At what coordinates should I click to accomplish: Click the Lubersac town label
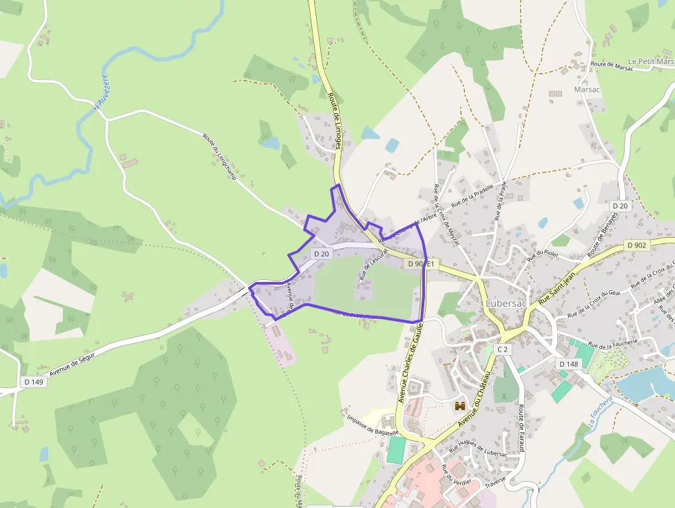506,303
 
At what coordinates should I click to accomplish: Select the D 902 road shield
636,245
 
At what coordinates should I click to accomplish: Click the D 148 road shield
568,364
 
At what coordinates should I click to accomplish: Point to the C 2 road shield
503,349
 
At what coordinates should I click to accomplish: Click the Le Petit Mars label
651,61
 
